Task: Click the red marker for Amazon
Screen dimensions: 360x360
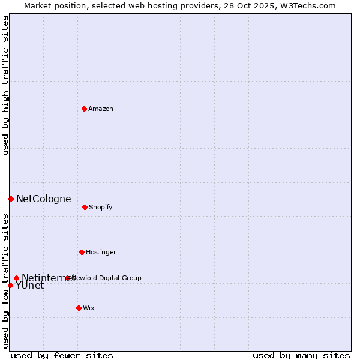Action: (x=84, y=109)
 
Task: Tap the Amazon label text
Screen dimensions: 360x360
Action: (x=101, y=109)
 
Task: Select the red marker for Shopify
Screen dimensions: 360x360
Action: (x=85, y=207)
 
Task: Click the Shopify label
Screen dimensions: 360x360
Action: (x=101, y=208)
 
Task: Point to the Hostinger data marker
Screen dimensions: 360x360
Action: (x=82, y=252)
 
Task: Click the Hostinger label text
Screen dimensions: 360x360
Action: (x=101, y=253)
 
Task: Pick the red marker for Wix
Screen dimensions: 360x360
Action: (x=79, y=308)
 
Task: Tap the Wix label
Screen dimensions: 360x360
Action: (x=89, y=308)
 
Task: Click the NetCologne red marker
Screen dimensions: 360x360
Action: (x=11, y=199)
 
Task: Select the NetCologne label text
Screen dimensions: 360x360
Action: (x=43, y=199)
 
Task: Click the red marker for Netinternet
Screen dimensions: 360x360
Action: (x=16, y=278)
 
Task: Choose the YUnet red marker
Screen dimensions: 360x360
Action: (x=10, y=285)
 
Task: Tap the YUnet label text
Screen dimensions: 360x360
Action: (x=30, y=286)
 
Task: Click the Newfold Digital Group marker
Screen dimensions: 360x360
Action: (x=67, y=278)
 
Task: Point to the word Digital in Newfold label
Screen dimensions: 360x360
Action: (x=109, y=278)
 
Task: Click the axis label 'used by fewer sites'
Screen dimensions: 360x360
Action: (x=62, y=355)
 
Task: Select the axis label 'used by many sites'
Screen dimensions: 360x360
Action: (x=301, y=355)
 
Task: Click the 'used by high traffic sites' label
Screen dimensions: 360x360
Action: (x=5, y=85)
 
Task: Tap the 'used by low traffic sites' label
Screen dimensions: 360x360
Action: (x=5, y=280)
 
